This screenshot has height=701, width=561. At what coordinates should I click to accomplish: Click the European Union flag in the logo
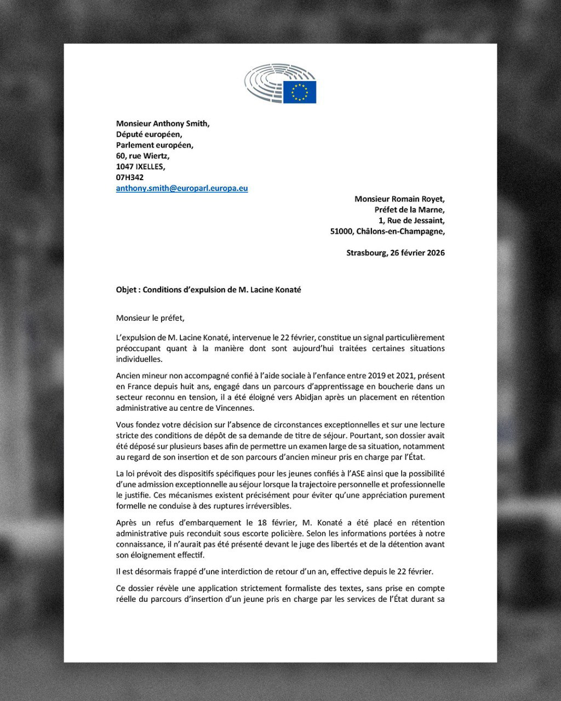pyautogui.click(x=300, y=92)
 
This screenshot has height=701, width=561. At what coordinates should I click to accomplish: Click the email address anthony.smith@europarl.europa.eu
pyautogui.click(x=182, y=188)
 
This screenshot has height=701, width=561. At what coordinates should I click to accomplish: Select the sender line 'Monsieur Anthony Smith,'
pyautogui.click(x=163, y=124)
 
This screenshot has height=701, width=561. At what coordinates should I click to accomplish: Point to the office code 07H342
pyautogui.click(x=130, y=177)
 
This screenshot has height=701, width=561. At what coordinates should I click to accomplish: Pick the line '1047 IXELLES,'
pyautogui.click(x=140, y=166)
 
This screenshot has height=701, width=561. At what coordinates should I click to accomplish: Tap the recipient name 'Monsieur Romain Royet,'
pyautogui.click(x=399, y=199)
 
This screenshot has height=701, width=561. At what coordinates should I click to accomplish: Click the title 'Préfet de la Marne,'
pyautogui.click(x=409, y=210)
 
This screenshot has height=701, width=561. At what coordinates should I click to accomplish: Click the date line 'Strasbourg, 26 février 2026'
pyautogui.click(x=396, y=253)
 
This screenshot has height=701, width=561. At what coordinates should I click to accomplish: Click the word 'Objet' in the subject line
pyautogui.click(x=127, y=290)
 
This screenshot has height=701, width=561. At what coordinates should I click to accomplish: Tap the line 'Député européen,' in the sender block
pyautogui.click(x=149, y=134)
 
